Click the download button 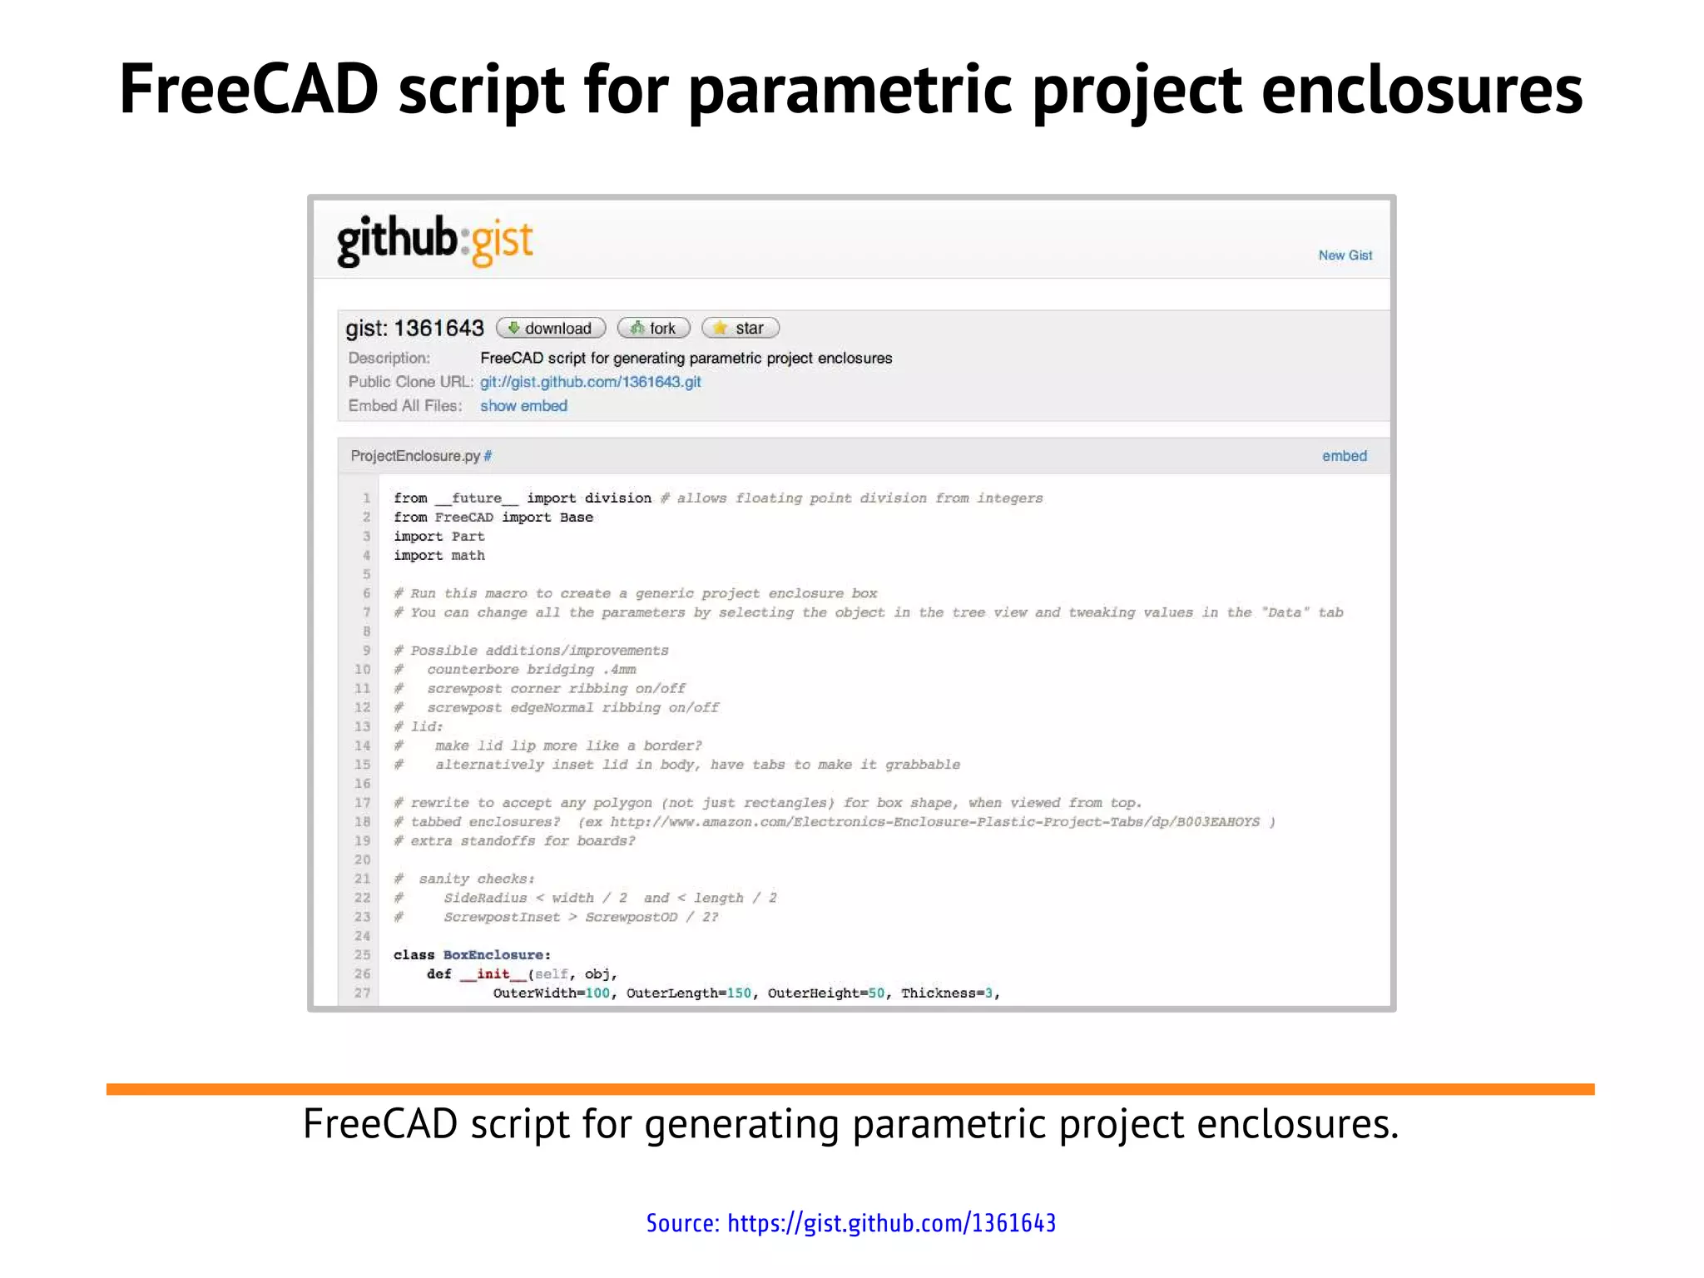551,328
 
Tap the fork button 654,328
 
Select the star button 741,328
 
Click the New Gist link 1345,255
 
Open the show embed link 523,406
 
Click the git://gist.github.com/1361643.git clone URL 590,382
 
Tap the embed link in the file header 1344,456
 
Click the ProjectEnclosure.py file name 415,456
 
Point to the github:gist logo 434,241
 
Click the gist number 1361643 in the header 438,328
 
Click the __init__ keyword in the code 493,974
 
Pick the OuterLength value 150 739,993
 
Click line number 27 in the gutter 362,993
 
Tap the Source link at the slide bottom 851,1223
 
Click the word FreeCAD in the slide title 249,90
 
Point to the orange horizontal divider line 850,1089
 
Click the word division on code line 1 617,498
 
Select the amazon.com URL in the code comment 934,822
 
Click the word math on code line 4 468,556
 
